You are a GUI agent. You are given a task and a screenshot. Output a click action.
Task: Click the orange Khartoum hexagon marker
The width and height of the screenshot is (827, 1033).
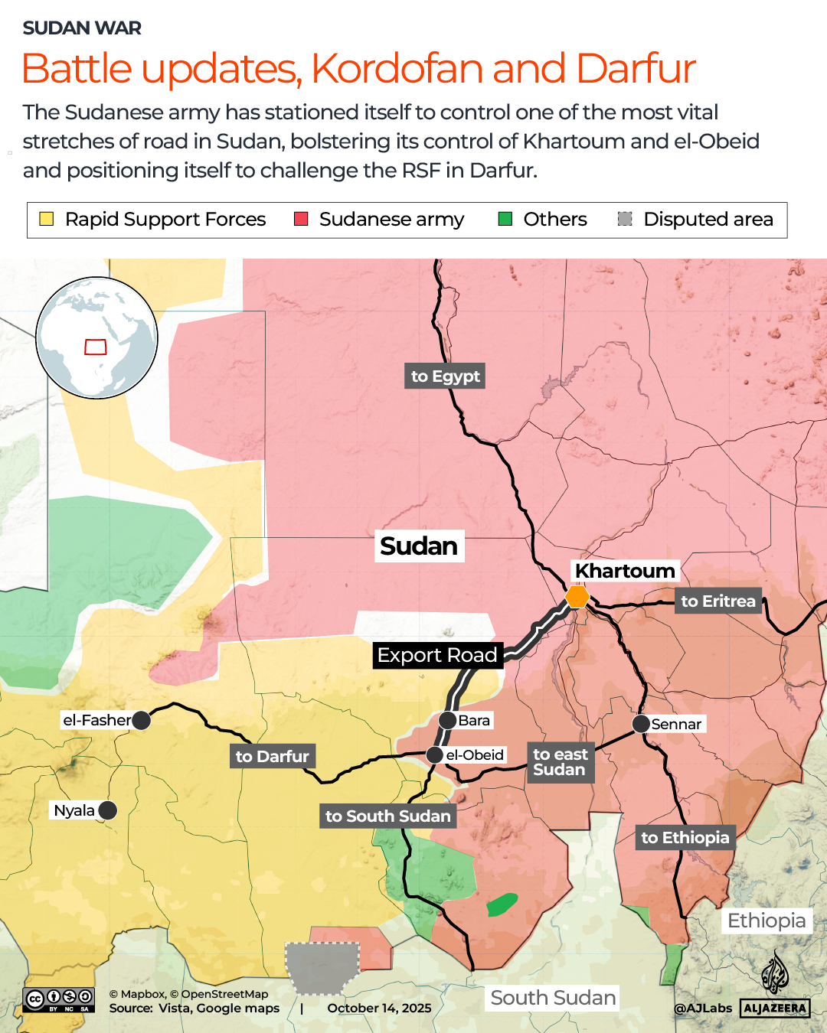click(577, 597)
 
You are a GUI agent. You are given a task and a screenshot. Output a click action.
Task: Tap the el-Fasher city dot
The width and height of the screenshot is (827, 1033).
click(141, 720)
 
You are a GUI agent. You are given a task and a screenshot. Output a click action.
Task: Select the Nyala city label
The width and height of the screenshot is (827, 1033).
click(74, 810)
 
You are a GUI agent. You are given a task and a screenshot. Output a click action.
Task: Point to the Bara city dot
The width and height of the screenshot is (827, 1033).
click(448, 720)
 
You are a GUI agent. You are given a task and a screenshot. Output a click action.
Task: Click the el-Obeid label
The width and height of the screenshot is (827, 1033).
click(475, 755)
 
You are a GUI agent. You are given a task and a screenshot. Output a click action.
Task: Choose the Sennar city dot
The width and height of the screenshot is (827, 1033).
click(641, 724)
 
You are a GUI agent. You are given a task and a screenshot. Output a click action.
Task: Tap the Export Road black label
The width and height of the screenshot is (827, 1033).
click(437, 656)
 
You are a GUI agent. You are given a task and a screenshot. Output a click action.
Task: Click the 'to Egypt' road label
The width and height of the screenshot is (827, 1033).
click(445, 376)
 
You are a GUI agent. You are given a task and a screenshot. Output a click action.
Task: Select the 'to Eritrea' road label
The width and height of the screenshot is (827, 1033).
click(717, 601)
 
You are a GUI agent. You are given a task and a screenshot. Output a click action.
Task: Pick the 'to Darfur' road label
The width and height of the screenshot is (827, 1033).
click(272, 757)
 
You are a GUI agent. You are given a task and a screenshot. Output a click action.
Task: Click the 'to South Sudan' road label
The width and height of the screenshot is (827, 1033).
click(387, 816)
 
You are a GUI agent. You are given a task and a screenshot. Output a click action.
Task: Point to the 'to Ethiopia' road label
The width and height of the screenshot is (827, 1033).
click(685, 838)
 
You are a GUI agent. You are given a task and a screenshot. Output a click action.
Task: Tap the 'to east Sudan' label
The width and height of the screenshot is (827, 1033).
click(560, 762)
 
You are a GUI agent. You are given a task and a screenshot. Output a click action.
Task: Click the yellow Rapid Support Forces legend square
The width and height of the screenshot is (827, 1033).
click(47, 220)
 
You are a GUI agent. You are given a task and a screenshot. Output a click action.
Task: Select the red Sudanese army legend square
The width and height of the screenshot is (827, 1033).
click(301, 220)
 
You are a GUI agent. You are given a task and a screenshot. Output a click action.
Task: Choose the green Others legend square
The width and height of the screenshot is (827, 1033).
click(505, 220)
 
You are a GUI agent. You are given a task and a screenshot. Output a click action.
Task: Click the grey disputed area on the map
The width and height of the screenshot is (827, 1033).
click(322, 966)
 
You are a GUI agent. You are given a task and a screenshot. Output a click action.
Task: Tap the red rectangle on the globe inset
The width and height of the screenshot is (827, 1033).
click(96, 347)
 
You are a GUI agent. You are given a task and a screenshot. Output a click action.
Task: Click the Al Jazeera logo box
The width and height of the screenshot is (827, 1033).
click(775, 1009)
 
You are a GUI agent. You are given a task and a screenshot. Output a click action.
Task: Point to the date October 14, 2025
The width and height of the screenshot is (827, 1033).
click(379, 1009)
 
